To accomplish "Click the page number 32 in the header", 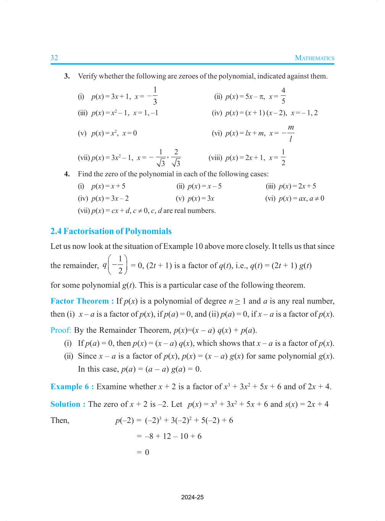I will click(54, 58).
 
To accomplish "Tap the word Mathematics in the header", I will click(314, 58).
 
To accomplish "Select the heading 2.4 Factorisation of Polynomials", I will click(111, 231).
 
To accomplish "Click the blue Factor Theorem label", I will click(82, 301).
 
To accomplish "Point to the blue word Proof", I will click(61, 330).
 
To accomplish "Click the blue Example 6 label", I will click(72, 386).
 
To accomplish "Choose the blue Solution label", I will click(68, 404).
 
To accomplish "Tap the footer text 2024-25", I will click(192, 497).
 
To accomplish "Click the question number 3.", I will click(67, 76).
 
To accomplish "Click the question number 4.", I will click(67, 174).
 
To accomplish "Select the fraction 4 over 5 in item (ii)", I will click(283, 96).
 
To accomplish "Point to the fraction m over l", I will click(291, 133).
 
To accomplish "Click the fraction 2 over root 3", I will click(176, 158).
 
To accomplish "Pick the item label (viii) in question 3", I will click(215, 158).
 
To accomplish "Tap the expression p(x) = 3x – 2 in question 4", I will click(110, 198).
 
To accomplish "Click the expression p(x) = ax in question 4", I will click(293, 198).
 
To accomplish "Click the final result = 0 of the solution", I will click(143, 452).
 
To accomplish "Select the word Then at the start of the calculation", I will click(60, 420).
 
